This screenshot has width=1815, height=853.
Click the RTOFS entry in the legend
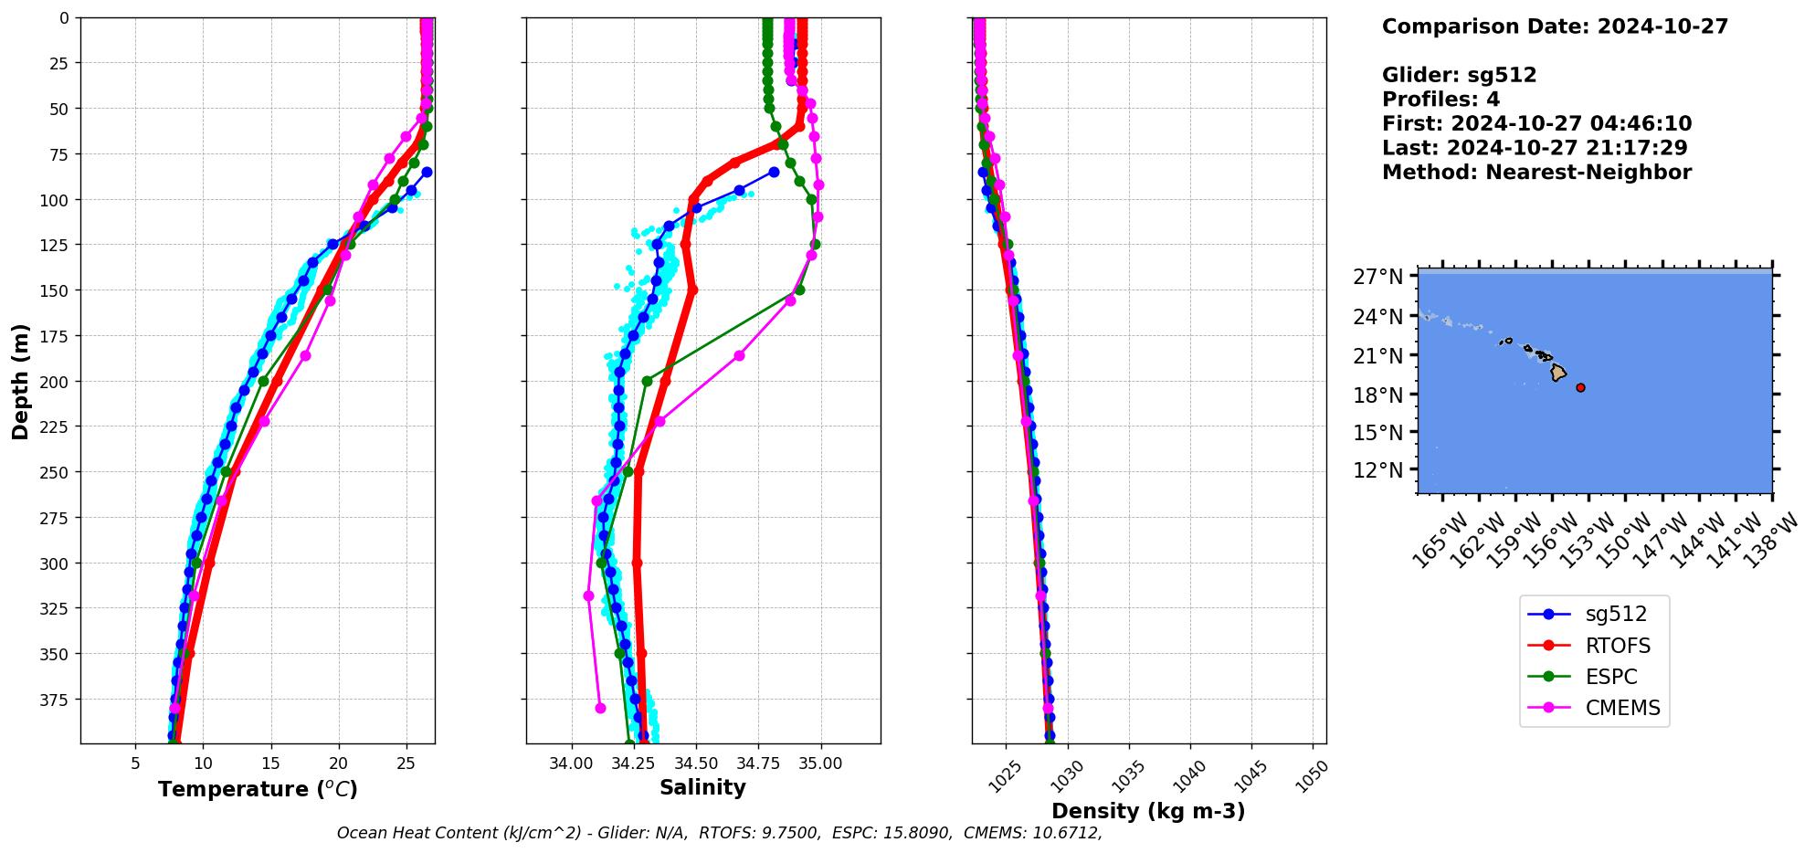1618,646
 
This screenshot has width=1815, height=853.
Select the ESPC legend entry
1611,677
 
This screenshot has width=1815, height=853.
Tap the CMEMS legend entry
1622,708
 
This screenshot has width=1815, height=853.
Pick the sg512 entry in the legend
1616,615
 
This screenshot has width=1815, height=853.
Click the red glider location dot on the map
1580,387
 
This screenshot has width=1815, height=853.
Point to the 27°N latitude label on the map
1377,277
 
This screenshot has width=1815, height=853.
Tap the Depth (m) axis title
21,381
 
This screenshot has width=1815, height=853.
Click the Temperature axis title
258,789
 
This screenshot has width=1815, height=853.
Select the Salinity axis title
702,787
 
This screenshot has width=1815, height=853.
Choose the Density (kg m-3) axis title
1148,811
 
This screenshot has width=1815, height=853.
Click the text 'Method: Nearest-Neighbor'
1536,173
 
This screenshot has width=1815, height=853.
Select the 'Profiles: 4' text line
1440,100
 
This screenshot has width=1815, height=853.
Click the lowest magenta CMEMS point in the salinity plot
600,708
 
